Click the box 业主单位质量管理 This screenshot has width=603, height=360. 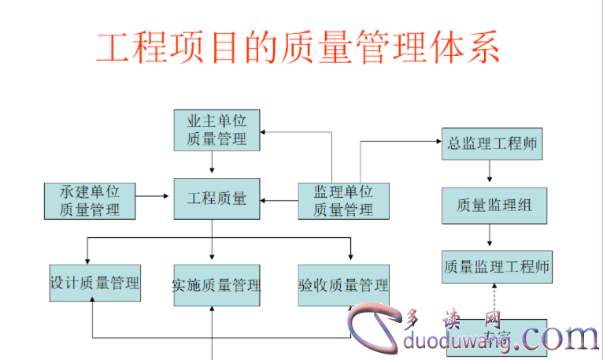tap(216, 130)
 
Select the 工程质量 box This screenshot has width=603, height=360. tap(216, 199)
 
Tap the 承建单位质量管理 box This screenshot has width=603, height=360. tap(90, 200)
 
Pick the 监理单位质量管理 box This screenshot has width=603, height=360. tap(343, 200)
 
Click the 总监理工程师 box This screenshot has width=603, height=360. tap(492, 144)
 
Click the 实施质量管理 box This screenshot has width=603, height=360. tap(216, 285)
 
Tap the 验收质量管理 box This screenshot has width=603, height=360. tap(344, 285)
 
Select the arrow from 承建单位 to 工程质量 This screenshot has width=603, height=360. tap(154, 193)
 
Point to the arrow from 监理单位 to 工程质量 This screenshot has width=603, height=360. tap(279, 200)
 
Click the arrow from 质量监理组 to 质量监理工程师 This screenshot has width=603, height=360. tap(490, 235)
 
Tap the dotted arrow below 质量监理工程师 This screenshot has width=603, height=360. tap(494, 301)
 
